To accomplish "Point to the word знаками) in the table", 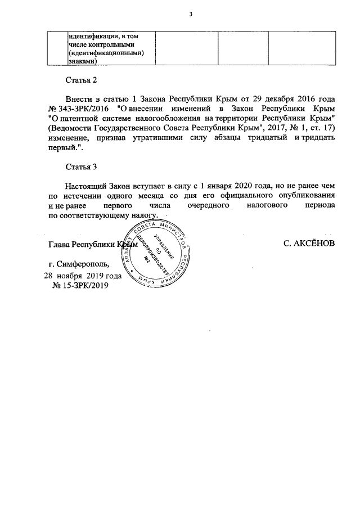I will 82,62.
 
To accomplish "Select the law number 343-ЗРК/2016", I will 83,107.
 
